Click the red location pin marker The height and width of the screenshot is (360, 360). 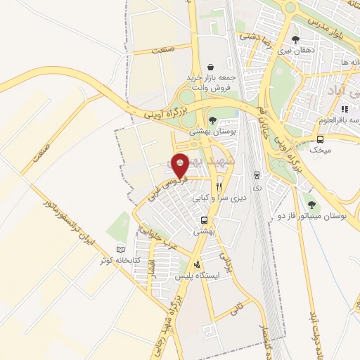tap(181, 165)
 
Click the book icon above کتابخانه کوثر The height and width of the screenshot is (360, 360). tap(122, 250)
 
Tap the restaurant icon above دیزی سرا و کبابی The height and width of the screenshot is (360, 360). tap(219, 187)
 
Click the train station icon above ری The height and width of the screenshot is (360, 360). tap(257, 176)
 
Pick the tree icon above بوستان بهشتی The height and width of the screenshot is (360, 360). tap(212, 120)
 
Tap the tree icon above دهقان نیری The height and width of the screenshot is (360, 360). tap(294, 40)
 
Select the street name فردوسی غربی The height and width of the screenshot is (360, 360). tap(160, 187)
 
